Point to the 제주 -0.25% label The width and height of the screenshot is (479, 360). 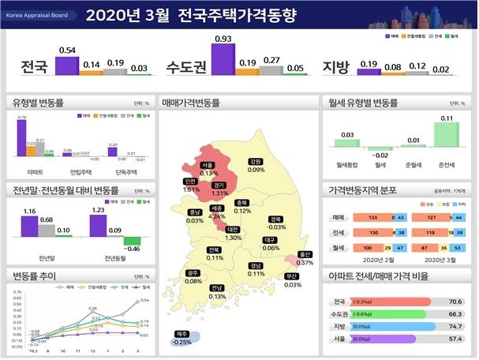tap(182, 337)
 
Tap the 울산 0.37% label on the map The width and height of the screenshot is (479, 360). tap(305, 258)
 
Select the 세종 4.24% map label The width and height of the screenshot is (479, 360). tap(215, 212)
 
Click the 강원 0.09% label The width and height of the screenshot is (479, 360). tap(255, 165)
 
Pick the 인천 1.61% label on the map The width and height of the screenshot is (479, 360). tap(191, 185)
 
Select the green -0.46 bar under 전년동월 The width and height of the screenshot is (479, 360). tap(133, 241)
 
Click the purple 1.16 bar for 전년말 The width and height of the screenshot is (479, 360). tap(29, 227)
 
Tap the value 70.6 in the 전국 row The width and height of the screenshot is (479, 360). tap(455, 302)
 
